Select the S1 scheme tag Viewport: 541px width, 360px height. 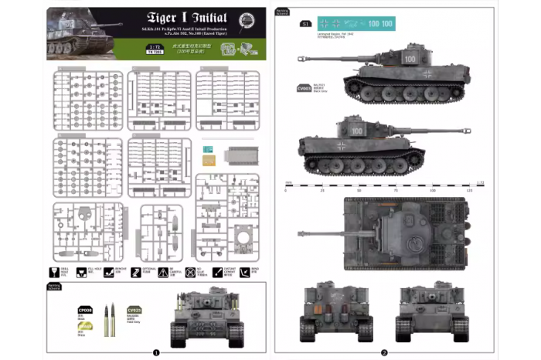click(305, 24)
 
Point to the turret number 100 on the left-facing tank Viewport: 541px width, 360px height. click(410, 58)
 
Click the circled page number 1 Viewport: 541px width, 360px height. click(157, 352)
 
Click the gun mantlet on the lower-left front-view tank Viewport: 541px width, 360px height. click(208, 304)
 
